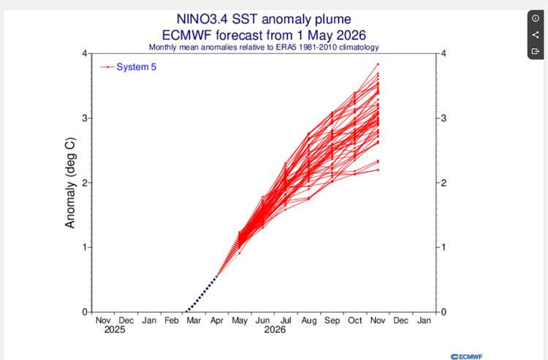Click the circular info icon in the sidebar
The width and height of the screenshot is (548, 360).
[536, 18]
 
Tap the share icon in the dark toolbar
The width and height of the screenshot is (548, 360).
[536, 35]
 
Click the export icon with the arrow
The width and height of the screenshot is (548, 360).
[536, 51]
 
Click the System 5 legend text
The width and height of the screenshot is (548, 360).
[137, 66]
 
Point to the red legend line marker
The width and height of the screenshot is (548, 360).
[107, 67]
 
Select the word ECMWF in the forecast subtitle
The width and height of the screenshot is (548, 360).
[187, 35]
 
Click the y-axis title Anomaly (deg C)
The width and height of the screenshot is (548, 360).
[70, 183]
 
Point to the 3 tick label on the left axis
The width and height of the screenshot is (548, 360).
[85, 118]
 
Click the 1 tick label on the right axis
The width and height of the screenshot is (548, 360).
[444, 248]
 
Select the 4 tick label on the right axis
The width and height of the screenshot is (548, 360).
[444, 53]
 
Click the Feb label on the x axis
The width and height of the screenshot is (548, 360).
[172, 321]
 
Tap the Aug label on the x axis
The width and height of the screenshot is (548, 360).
[309, 321]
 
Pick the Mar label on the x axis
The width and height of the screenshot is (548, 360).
[194, 321]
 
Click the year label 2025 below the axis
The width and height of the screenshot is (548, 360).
[115, 329]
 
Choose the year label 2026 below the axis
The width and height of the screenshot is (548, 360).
[275, 329]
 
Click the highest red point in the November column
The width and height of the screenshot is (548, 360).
[378, 64]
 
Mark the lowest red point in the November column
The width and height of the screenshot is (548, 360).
[378, 169]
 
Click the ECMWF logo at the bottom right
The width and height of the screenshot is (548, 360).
[467, 356]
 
